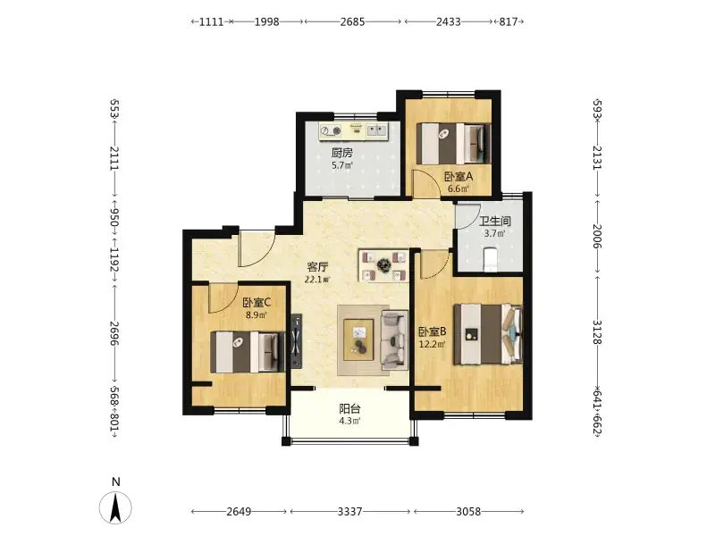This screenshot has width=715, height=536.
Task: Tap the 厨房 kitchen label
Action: [342, 153]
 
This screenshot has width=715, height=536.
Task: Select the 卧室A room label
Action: [458, 176]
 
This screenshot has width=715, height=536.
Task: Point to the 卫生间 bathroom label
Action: [495, 222]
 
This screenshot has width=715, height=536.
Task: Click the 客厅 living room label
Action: [317, 267]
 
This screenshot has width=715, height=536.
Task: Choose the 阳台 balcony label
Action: [349, 409]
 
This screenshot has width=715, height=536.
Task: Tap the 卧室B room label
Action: [433, 331]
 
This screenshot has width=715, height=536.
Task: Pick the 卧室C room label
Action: [257, 302]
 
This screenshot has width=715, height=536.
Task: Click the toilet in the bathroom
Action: [490, 259]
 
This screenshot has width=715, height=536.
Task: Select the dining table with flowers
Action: [383, 264]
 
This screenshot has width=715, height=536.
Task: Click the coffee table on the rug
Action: [358, 339]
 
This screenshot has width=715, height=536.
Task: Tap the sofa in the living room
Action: [394, 339]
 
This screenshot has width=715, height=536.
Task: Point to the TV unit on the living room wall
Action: [297, 340]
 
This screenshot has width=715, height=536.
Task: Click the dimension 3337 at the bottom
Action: [349, 511]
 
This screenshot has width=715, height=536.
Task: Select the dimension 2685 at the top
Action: [352, 21]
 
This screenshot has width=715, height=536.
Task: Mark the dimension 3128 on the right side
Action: [597, 332]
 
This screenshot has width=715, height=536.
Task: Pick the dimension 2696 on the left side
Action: [114, 333]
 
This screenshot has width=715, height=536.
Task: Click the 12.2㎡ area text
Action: [432, 344]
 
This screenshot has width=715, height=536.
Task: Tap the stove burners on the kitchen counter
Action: [331, 131]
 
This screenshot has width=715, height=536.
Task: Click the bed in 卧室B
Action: [488, 334]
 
